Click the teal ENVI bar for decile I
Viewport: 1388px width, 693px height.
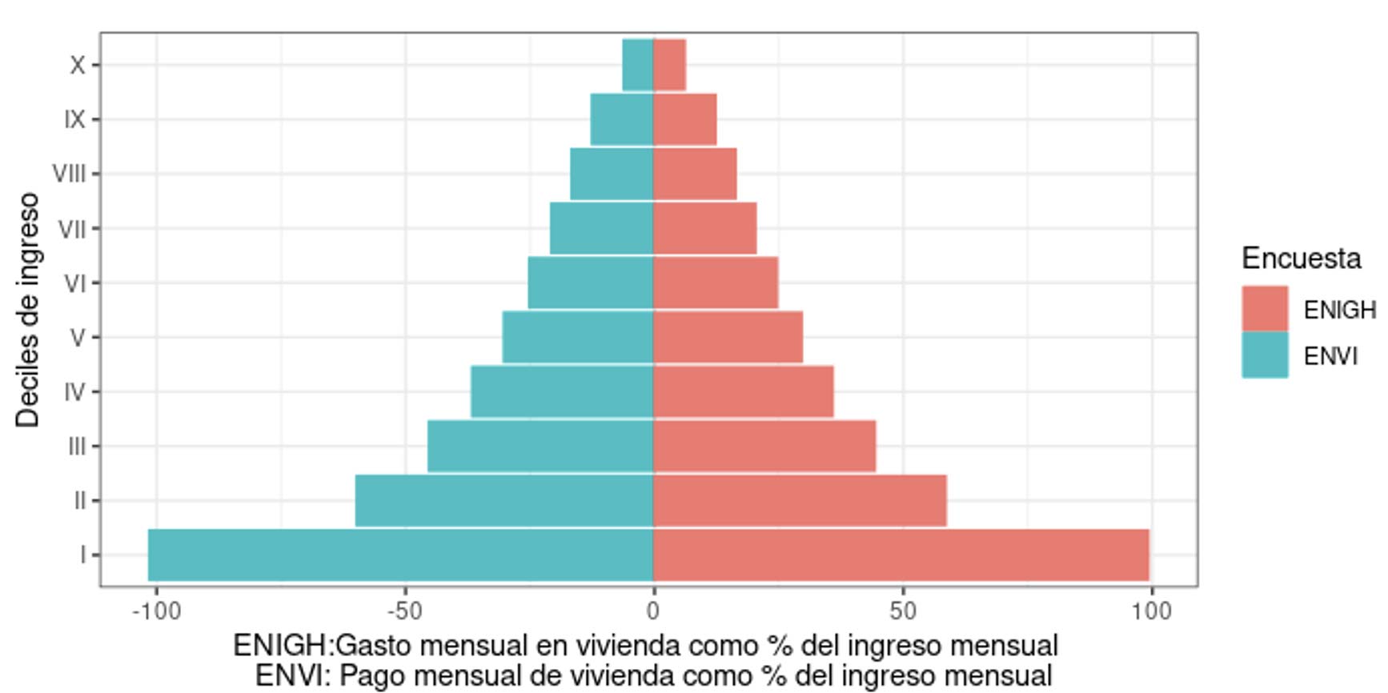(x=400, y=555)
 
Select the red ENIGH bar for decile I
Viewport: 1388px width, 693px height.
(x=901, y=555)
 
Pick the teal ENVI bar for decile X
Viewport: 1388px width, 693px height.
(x=638, y=65)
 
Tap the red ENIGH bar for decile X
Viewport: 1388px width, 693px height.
(x=670, y=65)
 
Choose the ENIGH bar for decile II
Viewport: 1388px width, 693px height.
(x=800, y=500)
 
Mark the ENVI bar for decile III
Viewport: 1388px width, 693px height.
(x=540, y=446)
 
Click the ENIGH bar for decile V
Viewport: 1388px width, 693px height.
(x=728, y=337)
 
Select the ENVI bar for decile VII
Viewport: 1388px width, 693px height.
(x=602, y=228)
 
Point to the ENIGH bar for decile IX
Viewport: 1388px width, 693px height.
(x=685, y=119)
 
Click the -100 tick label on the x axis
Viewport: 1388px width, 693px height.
(x=156, y=612)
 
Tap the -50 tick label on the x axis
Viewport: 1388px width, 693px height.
(x=404, y=612)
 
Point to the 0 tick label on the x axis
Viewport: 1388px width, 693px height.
(x=653, y=612)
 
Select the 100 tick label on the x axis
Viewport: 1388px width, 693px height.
(x=1151, y=612)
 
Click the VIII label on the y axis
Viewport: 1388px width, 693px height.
(x=69, y=174)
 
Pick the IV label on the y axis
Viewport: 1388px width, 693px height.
(x=74, y=392)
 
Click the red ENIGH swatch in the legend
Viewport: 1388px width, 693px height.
(x=1265, y=309)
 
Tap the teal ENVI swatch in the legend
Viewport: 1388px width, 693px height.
(x=1265, y=355)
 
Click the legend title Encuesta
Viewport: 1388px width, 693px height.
(x=1301, y=258)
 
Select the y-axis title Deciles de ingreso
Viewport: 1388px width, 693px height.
(x=28, y=310)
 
